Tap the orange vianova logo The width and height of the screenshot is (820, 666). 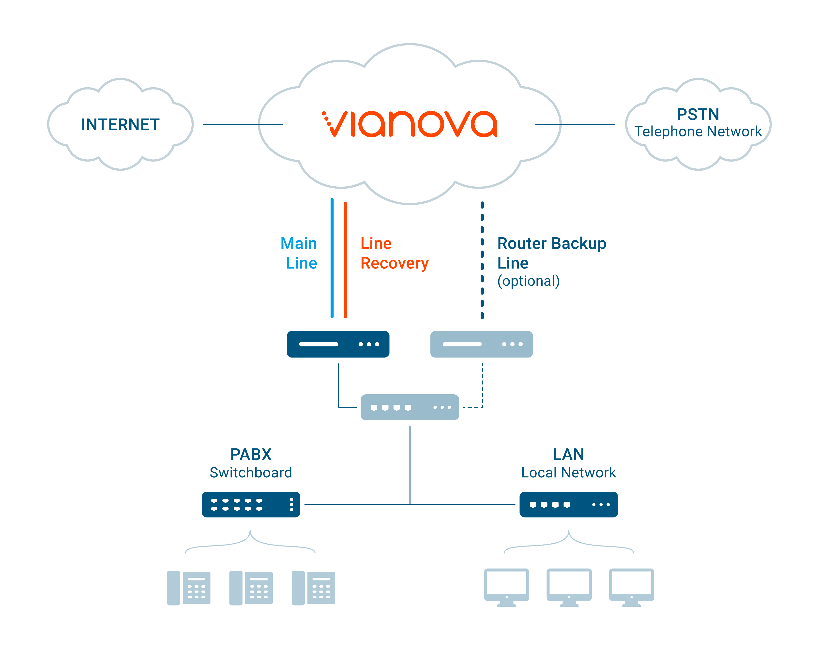(x=410, y=124)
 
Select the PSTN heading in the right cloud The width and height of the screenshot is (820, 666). (x=698, y=114)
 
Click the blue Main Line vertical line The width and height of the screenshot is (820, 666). (x=332, y=258)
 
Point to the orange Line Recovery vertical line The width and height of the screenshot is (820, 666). (x=345, y=260)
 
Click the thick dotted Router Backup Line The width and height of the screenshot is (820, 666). (x=482, y=260)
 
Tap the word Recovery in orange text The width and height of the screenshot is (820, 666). (x=395, y=264)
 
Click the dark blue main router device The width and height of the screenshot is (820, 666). (x=338, y=344)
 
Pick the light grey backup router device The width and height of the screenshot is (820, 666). (x=482, y=344)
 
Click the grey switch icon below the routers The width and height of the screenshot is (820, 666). (x=410, y=407)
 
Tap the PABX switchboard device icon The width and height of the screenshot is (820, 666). (x=251, y=504)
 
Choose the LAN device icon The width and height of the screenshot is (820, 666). (x=569, y=504)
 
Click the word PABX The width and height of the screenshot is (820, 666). (x=251, y=455)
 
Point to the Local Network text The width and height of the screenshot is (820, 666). (x=569, y=473)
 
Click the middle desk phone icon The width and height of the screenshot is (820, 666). (x=251, y=588)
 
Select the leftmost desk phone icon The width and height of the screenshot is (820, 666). (x=188, y=588)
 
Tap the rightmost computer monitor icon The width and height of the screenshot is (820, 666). (x=632, y=587)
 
